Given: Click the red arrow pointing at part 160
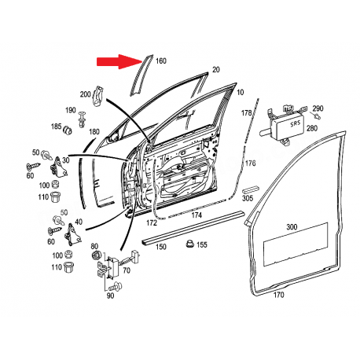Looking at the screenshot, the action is click(119, 62).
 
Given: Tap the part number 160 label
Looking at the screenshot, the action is click(161, 61).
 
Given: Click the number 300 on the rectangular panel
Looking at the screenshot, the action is click(292, 226).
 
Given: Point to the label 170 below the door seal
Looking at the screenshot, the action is click(278, 295).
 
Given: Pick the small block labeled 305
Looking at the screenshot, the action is click(251, 189).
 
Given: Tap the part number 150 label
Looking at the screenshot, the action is click(161, 247).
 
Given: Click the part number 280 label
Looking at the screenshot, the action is click(312, 128).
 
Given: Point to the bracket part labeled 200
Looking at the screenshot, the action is click(98, 96).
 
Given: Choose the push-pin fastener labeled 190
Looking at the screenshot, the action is click(83, 119).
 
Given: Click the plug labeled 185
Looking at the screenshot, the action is click(68, 130).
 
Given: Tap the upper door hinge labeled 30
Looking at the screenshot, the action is click(58, 168).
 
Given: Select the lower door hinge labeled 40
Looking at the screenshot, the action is click(72, 234).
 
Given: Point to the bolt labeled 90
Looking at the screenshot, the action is click(116, 285).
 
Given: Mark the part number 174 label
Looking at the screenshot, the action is click(197, 215).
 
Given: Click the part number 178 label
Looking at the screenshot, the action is click(246, 113).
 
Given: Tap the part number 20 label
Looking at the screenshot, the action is click(216, 70).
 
